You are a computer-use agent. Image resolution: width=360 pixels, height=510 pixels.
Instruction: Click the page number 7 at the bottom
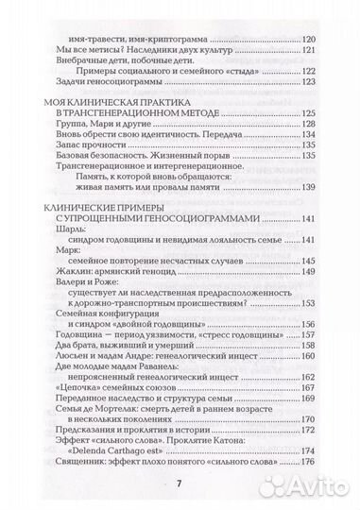click(x=179, y=484)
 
